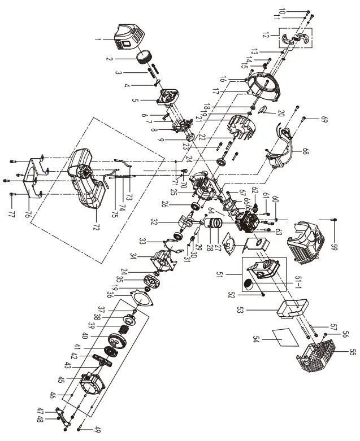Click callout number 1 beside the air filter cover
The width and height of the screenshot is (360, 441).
98,40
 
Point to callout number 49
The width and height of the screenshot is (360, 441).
83,428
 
